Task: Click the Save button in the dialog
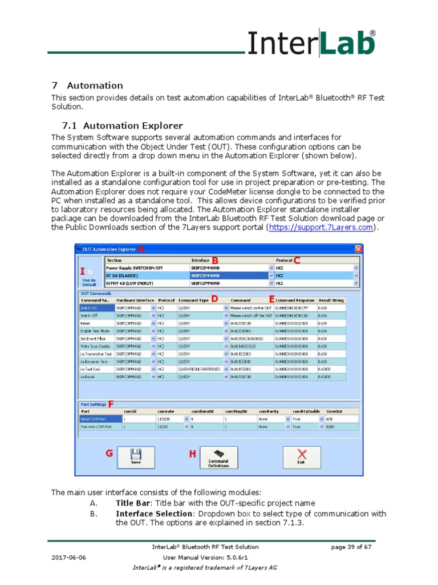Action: tap(136, 457)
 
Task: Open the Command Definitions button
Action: tap(218, 457)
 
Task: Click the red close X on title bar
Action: tap(358, 249)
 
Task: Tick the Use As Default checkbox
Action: tap(89, 273)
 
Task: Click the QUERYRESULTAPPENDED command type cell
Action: tap(200, 369)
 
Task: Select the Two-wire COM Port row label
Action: tap(95, 426)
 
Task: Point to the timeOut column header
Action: tap(334, 411)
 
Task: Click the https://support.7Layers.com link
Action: tap(321, 227)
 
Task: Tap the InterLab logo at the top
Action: tap(311, 44)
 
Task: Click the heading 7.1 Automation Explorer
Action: tap(123, 126)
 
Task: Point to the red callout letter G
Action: tap(109, 453)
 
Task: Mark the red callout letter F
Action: tap(111, 404)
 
